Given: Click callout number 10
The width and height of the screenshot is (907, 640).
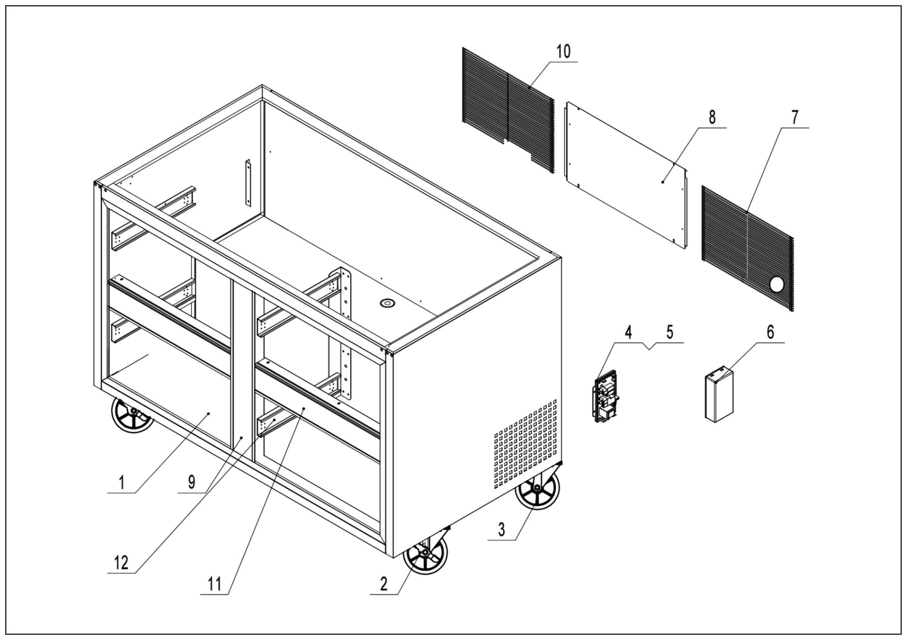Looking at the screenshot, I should tap(563, 52).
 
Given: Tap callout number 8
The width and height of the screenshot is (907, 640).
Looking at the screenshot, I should tap(712, 117).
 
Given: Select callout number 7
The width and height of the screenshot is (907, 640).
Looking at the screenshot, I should tap(794, 117).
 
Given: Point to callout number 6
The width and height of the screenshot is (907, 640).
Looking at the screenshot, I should tap(770, 332).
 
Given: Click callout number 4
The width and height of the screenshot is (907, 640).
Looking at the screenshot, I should tap(628, 332).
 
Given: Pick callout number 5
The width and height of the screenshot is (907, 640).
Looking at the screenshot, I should tap(670, 332).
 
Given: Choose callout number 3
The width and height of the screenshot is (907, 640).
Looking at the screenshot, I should tap(501, 529).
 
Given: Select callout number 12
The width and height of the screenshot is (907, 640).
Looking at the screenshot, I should tap(121, 563).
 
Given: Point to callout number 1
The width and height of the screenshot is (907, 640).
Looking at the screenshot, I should tap(122, 482).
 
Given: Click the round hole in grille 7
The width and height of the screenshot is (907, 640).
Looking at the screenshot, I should tap(777, 284).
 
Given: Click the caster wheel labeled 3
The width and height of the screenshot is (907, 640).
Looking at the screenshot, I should tap(537, 489).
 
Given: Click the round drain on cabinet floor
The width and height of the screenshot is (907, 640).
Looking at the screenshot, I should tap(387, 303).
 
